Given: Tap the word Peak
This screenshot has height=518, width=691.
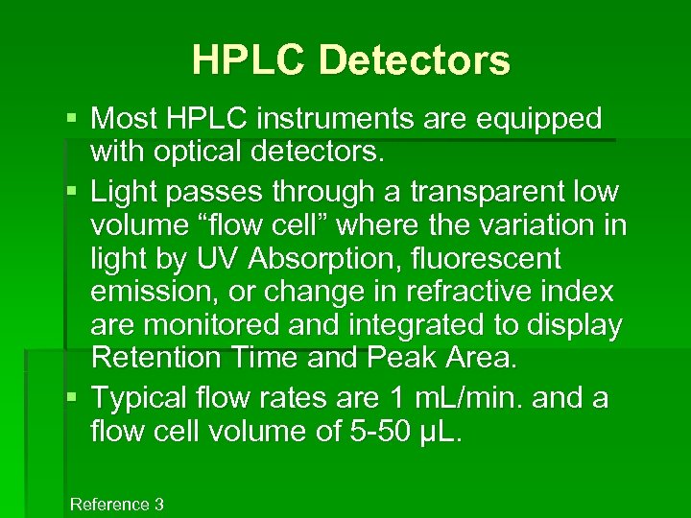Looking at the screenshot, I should pyautogui.click(x=402, y=358).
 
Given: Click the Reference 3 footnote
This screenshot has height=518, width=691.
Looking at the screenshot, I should pyautogui.click(x=116, y=505).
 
